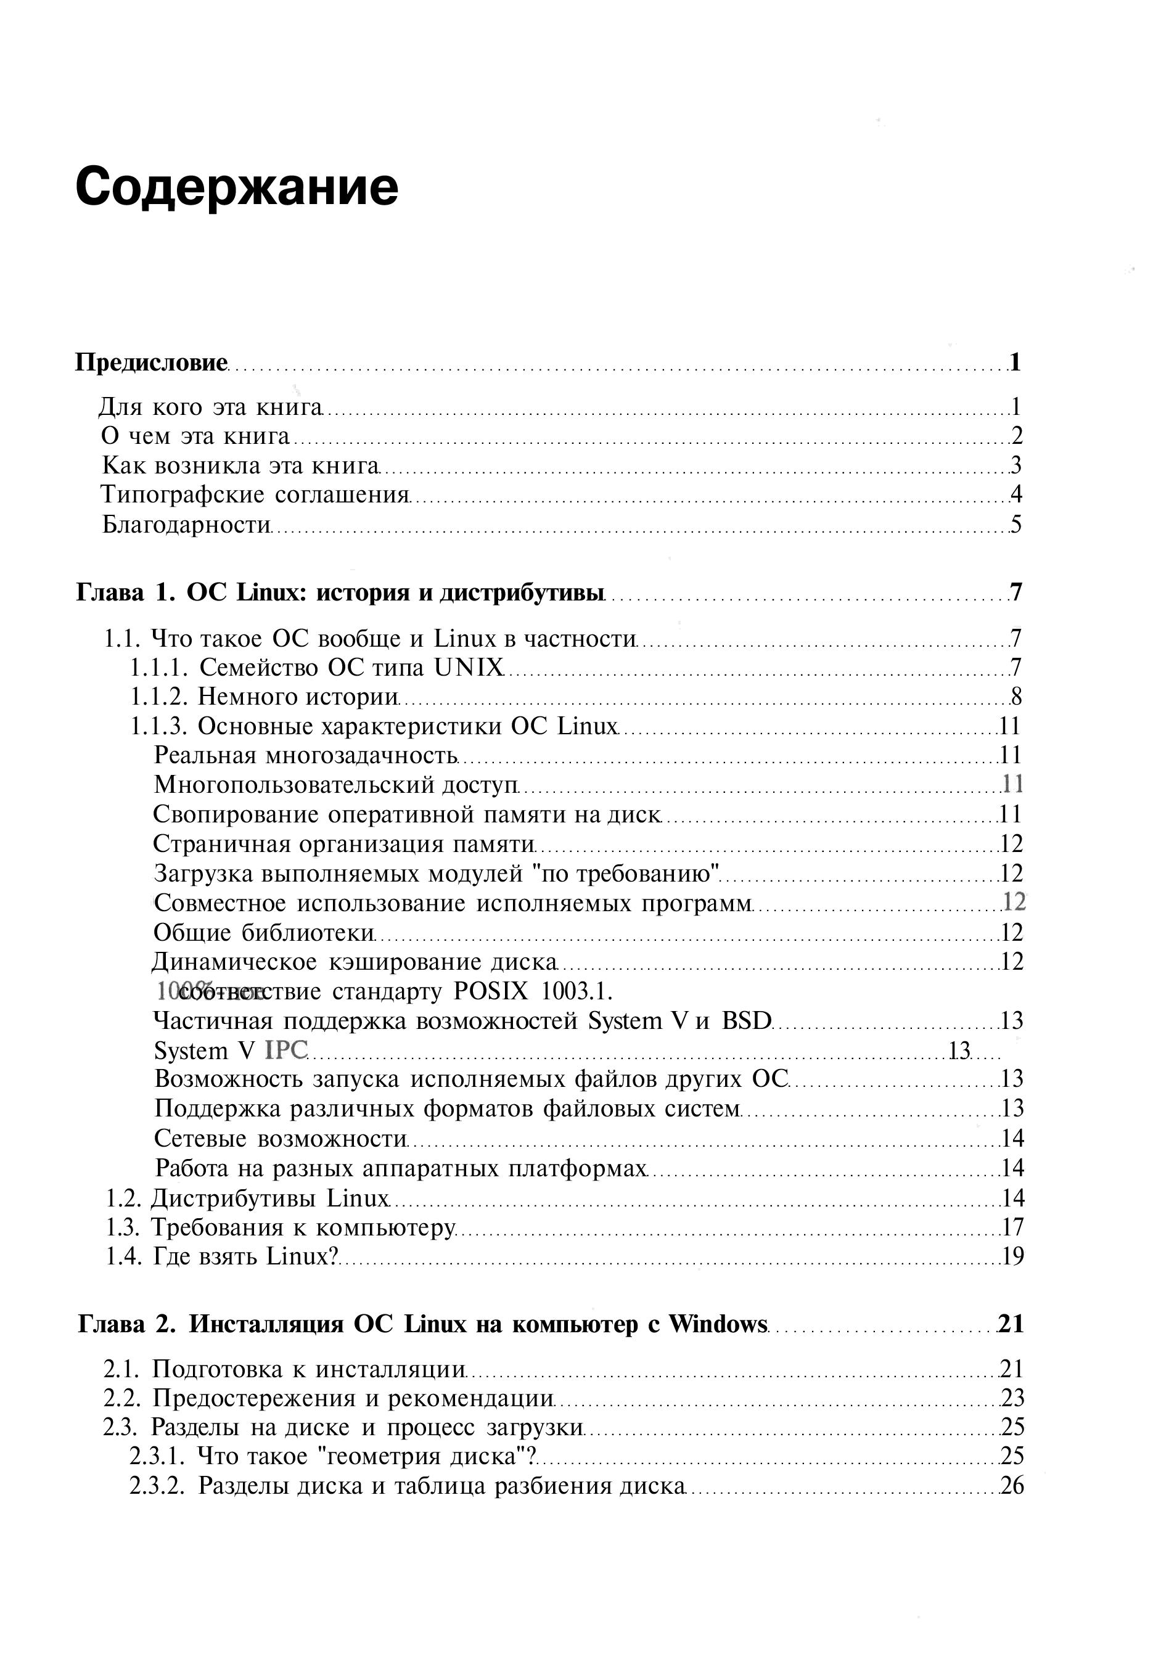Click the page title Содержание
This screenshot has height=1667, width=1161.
(237, 187)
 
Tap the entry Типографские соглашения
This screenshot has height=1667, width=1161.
(255, 494)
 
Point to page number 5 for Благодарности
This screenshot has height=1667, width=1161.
(1015, 524)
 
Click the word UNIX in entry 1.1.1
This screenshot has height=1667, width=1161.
(469, 667)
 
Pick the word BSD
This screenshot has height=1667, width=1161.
(745, 1021)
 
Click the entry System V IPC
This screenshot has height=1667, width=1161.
(231, 1051)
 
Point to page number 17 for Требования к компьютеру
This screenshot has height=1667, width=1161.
(1012, 1227)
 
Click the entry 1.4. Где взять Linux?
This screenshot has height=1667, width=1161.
(222, 1256)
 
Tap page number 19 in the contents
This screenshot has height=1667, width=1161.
(1013, 1256)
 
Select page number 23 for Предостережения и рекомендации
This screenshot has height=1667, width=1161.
(1012, 1398)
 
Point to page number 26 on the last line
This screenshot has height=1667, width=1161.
(1012, 1486)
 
